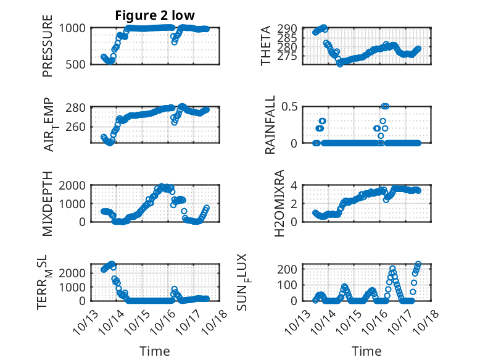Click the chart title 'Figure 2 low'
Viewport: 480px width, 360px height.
pyautogui.click(x=155, y=17)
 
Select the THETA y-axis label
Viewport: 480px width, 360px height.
pyautogui.click(x=265, y=46)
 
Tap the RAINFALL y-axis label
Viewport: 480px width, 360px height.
pyautogui.click(x=270, y=124)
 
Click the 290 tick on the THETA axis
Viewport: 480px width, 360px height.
pyautogui.click(x=290, y=28)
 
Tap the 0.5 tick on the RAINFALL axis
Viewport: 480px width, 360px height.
pyautogui.click(x=290, y=107)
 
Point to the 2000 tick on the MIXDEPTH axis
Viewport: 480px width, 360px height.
pyautogui.click(x=74, y=185)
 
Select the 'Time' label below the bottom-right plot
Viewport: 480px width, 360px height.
pyautogui.click(x=366, y=351)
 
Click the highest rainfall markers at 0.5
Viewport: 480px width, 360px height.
pyautogui.click(x=385, y=106)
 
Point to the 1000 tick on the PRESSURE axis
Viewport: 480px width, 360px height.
pyautogui.click(x=74, y=28)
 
